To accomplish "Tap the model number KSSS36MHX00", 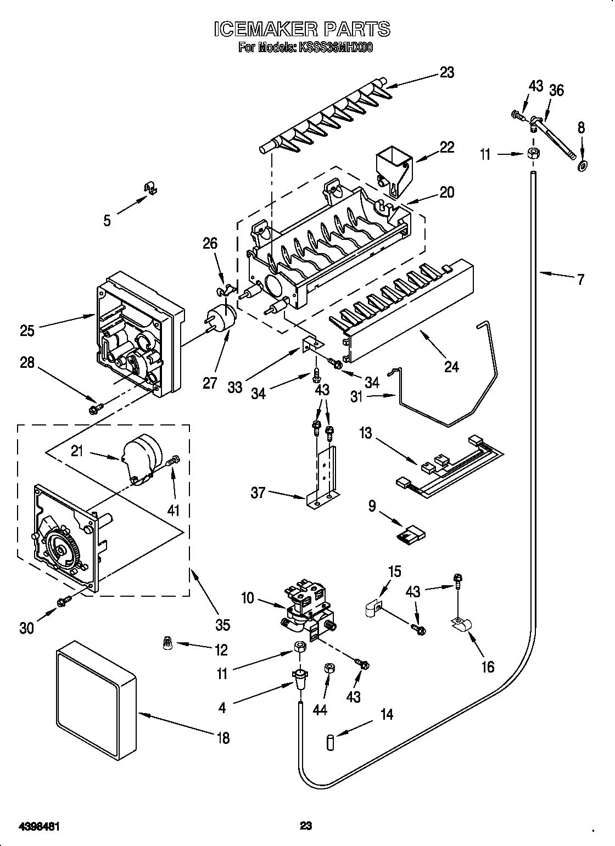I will (336, 48).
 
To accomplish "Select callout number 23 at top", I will (447, 72).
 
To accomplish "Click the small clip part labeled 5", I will (150, 188).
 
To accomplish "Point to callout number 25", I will (27, 330).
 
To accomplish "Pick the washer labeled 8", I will (581, 166).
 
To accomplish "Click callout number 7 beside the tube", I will (580, 279).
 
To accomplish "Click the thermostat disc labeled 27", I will (221, 319).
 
